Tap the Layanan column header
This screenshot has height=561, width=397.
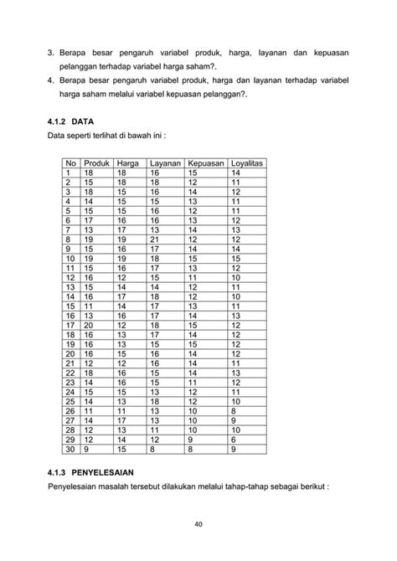coord(164,162)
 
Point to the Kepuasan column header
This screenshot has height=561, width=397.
coord(205,162)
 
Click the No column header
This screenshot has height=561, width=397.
coord(70,162)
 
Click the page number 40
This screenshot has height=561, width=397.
coord(198,526)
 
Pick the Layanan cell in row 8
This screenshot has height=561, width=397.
coord(155,240)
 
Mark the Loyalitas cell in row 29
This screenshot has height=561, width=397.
coord(235,439)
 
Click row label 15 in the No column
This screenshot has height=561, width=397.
coord(70,306)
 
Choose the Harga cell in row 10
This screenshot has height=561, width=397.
coord(122,258)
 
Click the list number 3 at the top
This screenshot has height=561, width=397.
coord(51,53)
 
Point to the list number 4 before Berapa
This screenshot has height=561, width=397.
coord(51,80)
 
